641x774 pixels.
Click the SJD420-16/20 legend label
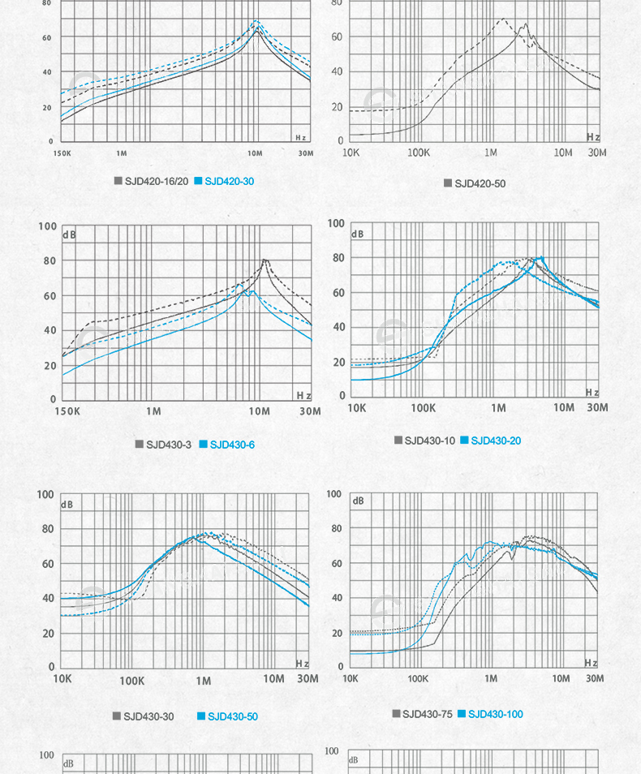(x=157, y=181)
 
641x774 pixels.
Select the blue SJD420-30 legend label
(x=230, y=181)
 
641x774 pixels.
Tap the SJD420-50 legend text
(x=480, y=183)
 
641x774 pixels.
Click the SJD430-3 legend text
(x=169, y=445)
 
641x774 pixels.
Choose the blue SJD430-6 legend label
(x=233, y=445)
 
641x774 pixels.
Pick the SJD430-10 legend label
(x=430, y=441)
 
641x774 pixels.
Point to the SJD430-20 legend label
(x=496, y=441)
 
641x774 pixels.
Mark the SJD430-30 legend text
(x=148, y=716)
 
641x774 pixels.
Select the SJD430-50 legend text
(x=233, y=716)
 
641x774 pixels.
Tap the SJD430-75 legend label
(x=428, y=714)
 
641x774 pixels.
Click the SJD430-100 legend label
(x=496, y=714)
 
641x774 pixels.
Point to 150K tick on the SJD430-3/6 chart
(x=67, y=411)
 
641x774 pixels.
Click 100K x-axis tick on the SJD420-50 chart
(x=419, y=153)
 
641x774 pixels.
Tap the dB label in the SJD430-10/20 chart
(x=358, y=234)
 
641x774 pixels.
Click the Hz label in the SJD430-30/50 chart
(x=303, y=664)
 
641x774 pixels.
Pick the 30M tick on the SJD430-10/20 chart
(x=597, y=407)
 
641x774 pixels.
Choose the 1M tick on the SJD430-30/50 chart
(x=203, y=679)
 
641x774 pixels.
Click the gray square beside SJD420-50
(x=448, y=183)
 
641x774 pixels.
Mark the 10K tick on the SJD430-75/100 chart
(x=351, y=677)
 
